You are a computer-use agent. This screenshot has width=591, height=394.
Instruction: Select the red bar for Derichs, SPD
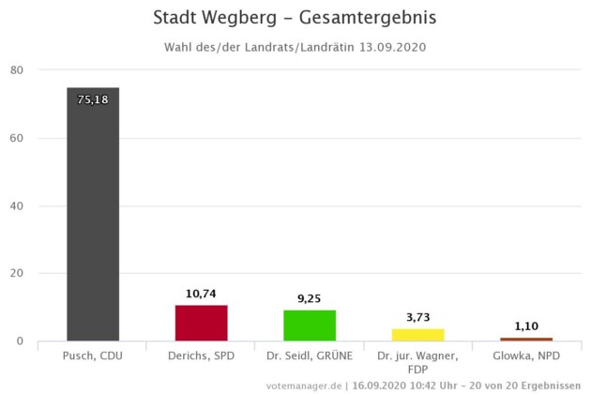[201, 323]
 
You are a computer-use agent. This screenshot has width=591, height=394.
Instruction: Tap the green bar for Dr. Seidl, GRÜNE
[310, 325]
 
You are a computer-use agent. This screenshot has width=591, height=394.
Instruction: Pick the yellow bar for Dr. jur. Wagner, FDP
[417, 334]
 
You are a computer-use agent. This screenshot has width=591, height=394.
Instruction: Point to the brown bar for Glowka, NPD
[526, 339]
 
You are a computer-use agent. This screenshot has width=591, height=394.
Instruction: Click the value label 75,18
[93, 98]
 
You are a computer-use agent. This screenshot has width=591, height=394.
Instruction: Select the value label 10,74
[201, 294]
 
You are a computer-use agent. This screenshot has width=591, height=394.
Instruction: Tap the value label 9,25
[310, 298]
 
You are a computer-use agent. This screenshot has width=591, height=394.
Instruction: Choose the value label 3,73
[417, 317]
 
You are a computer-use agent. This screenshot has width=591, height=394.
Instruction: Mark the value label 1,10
[526, 326]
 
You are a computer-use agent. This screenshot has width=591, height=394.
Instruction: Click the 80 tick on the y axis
[18, 70]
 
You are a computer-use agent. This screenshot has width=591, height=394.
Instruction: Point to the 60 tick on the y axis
[18, 138]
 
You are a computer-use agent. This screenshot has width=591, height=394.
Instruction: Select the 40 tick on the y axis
[18, 205]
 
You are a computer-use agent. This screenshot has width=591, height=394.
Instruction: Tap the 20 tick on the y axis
[18, 273]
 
